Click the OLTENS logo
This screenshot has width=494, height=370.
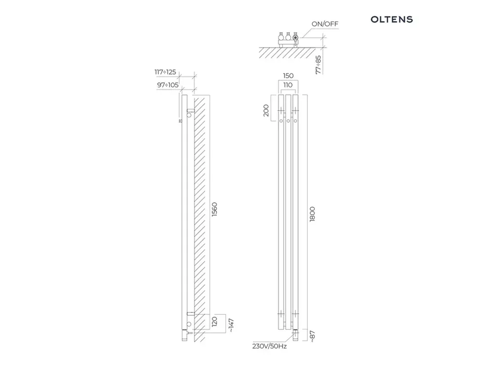392,20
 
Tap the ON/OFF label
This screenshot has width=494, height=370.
325,24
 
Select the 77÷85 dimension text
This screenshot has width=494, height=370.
319,65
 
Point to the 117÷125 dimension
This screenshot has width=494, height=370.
165,72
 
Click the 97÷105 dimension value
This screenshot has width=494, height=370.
167,85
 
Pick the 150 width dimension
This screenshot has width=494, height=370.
288,76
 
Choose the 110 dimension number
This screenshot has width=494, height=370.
288,85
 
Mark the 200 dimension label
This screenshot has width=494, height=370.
266,111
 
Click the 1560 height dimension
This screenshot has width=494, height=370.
214,209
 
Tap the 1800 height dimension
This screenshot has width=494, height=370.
312,214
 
